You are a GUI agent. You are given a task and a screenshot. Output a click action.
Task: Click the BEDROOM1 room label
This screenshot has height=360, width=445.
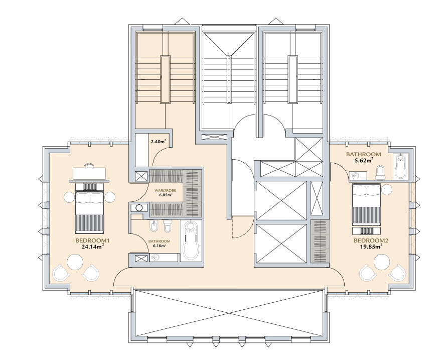92,241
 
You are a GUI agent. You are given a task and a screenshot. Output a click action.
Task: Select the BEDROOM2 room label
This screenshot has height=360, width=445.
371,241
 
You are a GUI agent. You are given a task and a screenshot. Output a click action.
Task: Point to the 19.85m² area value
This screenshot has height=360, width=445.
371,247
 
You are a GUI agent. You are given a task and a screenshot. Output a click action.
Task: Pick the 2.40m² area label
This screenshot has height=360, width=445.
159,141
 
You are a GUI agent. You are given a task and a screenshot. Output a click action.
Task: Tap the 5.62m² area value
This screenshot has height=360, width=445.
363,160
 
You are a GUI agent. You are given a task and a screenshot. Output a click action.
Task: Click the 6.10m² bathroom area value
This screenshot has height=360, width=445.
159,246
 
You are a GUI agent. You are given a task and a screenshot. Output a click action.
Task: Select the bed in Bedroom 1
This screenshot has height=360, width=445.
90,207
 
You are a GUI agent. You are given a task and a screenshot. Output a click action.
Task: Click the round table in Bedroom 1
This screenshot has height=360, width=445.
75,262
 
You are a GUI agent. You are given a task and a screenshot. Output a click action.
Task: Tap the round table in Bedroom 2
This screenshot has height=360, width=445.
382,262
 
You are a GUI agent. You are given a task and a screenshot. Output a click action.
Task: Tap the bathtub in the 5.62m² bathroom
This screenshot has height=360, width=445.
401,166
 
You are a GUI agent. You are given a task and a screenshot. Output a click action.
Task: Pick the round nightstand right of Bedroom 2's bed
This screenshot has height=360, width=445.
387,189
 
